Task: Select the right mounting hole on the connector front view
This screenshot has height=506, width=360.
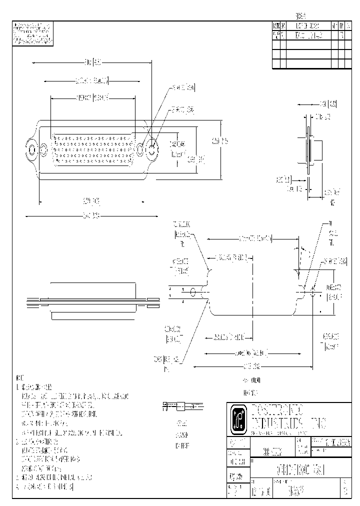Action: pos(151,148)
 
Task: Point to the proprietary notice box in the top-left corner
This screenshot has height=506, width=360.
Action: pos(33,33)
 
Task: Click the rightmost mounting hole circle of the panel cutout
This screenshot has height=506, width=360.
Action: pos(313,292)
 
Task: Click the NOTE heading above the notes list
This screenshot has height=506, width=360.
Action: pos(19,377)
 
